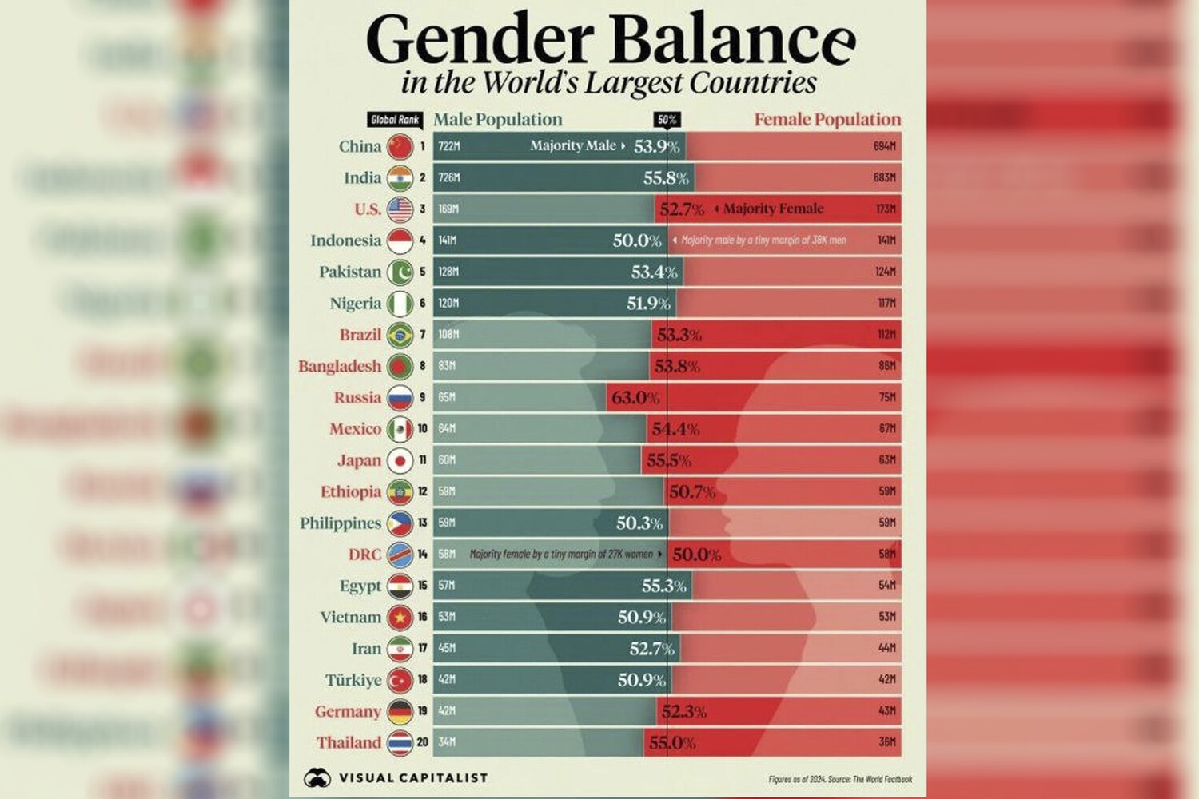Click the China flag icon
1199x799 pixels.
[x=400, y=146]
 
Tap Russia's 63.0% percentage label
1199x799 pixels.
[x=635, y=397]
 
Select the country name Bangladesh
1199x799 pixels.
[x=340, y=366]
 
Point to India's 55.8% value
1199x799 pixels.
[x=666, y=177]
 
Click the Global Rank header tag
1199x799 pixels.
[x=395, y=120]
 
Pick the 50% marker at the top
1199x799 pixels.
[x=667, y=120]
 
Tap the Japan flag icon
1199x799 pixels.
[x=400, y=460]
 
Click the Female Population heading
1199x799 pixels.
[x=827, y=120]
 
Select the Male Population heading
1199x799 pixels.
[x=498, y=120]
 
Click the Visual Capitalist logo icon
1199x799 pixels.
[x=317, y=777]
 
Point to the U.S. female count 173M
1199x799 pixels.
[x=886, y=209]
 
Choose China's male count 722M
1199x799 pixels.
[x=449, y=146]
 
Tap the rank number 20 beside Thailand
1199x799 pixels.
[x=422, y=742]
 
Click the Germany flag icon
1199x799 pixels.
[x=400, y=711]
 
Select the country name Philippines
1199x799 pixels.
[x=341, y=523]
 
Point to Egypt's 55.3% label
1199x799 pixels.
[x=663, y=586]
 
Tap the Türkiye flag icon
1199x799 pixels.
[x=400, y=680]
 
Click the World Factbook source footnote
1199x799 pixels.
[x=840, y=779]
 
